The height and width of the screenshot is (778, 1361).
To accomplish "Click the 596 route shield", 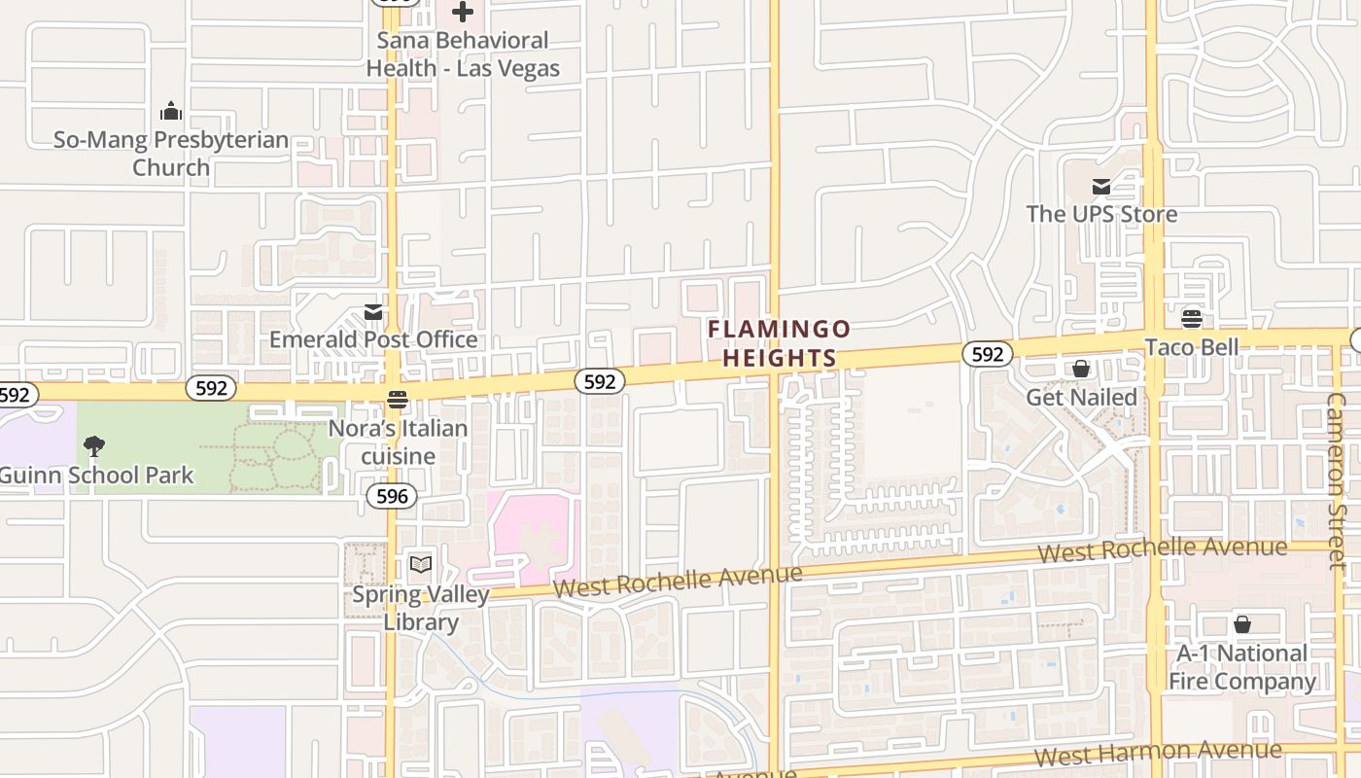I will coord(392,496).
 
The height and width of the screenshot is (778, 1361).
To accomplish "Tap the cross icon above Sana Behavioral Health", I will coord(463,13).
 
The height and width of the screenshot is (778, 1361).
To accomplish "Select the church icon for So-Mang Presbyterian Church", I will coord(171,111).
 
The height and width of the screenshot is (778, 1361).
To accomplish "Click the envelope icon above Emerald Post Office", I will coord(373,312).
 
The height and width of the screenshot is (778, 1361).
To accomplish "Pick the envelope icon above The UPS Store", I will coord(1101,187).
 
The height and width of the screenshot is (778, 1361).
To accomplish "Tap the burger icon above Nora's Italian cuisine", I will coord(397,400).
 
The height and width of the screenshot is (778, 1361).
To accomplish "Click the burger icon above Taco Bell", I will coord(1192,319).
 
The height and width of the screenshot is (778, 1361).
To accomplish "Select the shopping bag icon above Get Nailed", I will coord(1081,369).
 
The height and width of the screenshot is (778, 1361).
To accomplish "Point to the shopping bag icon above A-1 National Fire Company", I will coord(1242,624).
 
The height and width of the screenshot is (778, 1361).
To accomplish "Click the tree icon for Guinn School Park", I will coord(94,446).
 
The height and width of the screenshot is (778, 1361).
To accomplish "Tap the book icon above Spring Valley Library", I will coord(420,565).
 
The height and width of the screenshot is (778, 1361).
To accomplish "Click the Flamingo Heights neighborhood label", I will coord(779,343).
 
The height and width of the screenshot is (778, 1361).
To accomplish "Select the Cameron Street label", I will coord(1339,481).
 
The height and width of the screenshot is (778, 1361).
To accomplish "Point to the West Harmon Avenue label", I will coord(1157,752).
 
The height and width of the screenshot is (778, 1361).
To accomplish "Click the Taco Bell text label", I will coord(1192,347).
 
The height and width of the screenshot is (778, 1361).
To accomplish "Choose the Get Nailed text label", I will coord(1081,397).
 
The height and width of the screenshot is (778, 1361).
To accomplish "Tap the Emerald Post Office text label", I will coord(373,339).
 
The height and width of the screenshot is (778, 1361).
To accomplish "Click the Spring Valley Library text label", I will coord(420,608).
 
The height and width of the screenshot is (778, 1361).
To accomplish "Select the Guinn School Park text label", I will coord(96,476).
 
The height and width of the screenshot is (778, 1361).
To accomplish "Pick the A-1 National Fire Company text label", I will coord(1242,666).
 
